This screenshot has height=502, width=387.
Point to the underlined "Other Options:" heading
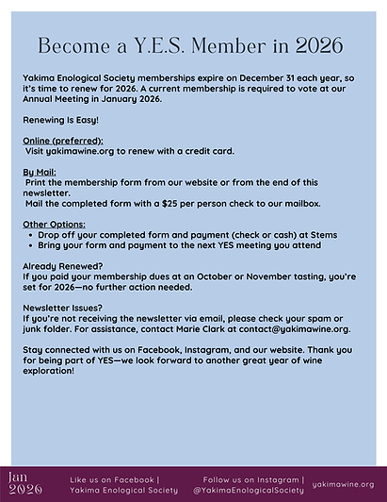pyautogui.click(x=54, y=224)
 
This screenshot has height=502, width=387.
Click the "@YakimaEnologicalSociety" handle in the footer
pyautogui.click(x=249, y=491)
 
